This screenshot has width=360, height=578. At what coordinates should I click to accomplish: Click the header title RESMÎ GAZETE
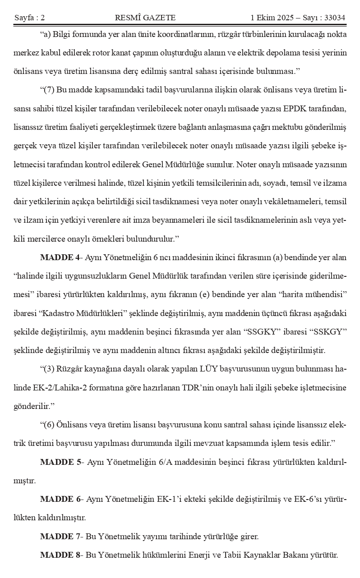point(145,18)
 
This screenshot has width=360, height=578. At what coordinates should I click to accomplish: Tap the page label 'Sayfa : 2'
point(30,18)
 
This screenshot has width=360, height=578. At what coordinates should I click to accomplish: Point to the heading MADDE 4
point(60,257)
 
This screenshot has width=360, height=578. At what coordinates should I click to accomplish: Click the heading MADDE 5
point(60,462)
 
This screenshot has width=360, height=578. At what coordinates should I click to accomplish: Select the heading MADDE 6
point(60,499)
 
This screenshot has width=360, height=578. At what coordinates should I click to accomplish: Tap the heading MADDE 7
point(60,537)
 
